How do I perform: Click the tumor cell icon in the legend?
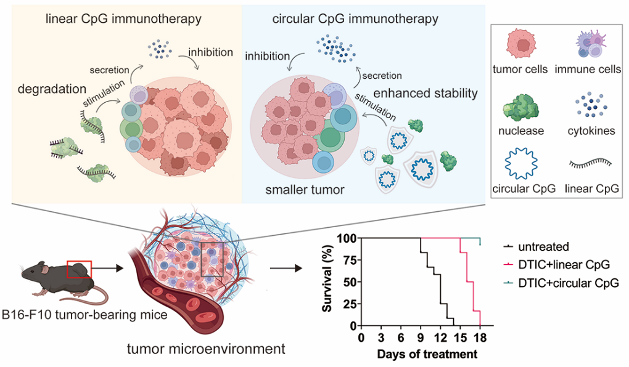tap(520, 44)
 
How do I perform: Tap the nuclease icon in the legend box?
tap(520, 107)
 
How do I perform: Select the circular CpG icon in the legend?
tap(520, 163)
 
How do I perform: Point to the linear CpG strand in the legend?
tap(590, 163)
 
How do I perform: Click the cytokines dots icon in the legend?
tap(591, 105)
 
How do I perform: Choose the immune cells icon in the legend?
tap(591, 44)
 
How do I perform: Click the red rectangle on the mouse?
tap(79, 269)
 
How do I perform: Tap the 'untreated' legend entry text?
tap(543, 246)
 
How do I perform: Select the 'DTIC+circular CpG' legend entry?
tap(569, 283)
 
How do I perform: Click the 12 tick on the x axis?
tap(440, 338)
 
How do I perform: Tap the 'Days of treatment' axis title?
tap(427, 354)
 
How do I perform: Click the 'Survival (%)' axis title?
tap(327, 278)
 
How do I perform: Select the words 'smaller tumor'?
tap(305, 190)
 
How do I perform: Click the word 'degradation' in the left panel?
tap(52, 89)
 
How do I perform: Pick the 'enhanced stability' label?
tap(425, 94)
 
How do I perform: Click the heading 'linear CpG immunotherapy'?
tap(123, 19)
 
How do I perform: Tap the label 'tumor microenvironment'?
tap(206, 349)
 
